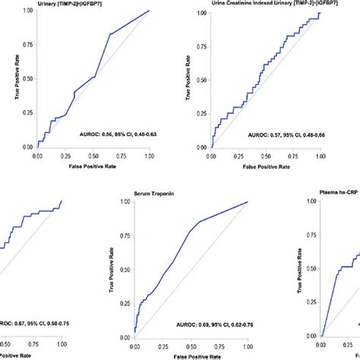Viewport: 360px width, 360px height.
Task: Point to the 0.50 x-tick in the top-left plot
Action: point(93,154)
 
